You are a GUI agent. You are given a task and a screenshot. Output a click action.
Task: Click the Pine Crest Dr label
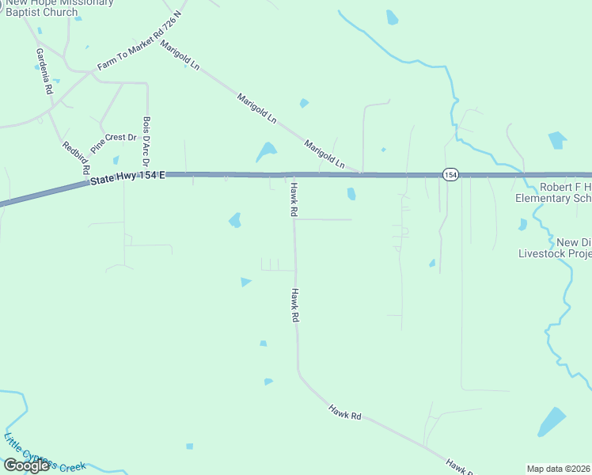(113, 142)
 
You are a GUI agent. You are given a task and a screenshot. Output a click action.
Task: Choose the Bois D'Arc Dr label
(146, 141)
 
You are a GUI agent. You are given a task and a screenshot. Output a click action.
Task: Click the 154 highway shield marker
(450, 175)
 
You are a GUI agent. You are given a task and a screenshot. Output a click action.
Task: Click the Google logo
(26, 465)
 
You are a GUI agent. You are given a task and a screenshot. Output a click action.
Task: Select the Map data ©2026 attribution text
(559, 469)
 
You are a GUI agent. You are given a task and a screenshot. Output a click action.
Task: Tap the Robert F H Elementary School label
(553, 193)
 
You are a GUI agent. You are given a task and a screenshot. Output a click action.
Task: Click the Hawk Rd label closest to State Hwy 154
(293, 199)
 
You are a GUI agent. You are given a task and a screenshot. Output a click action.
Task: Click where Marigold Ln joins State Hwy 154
(361, 174)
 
